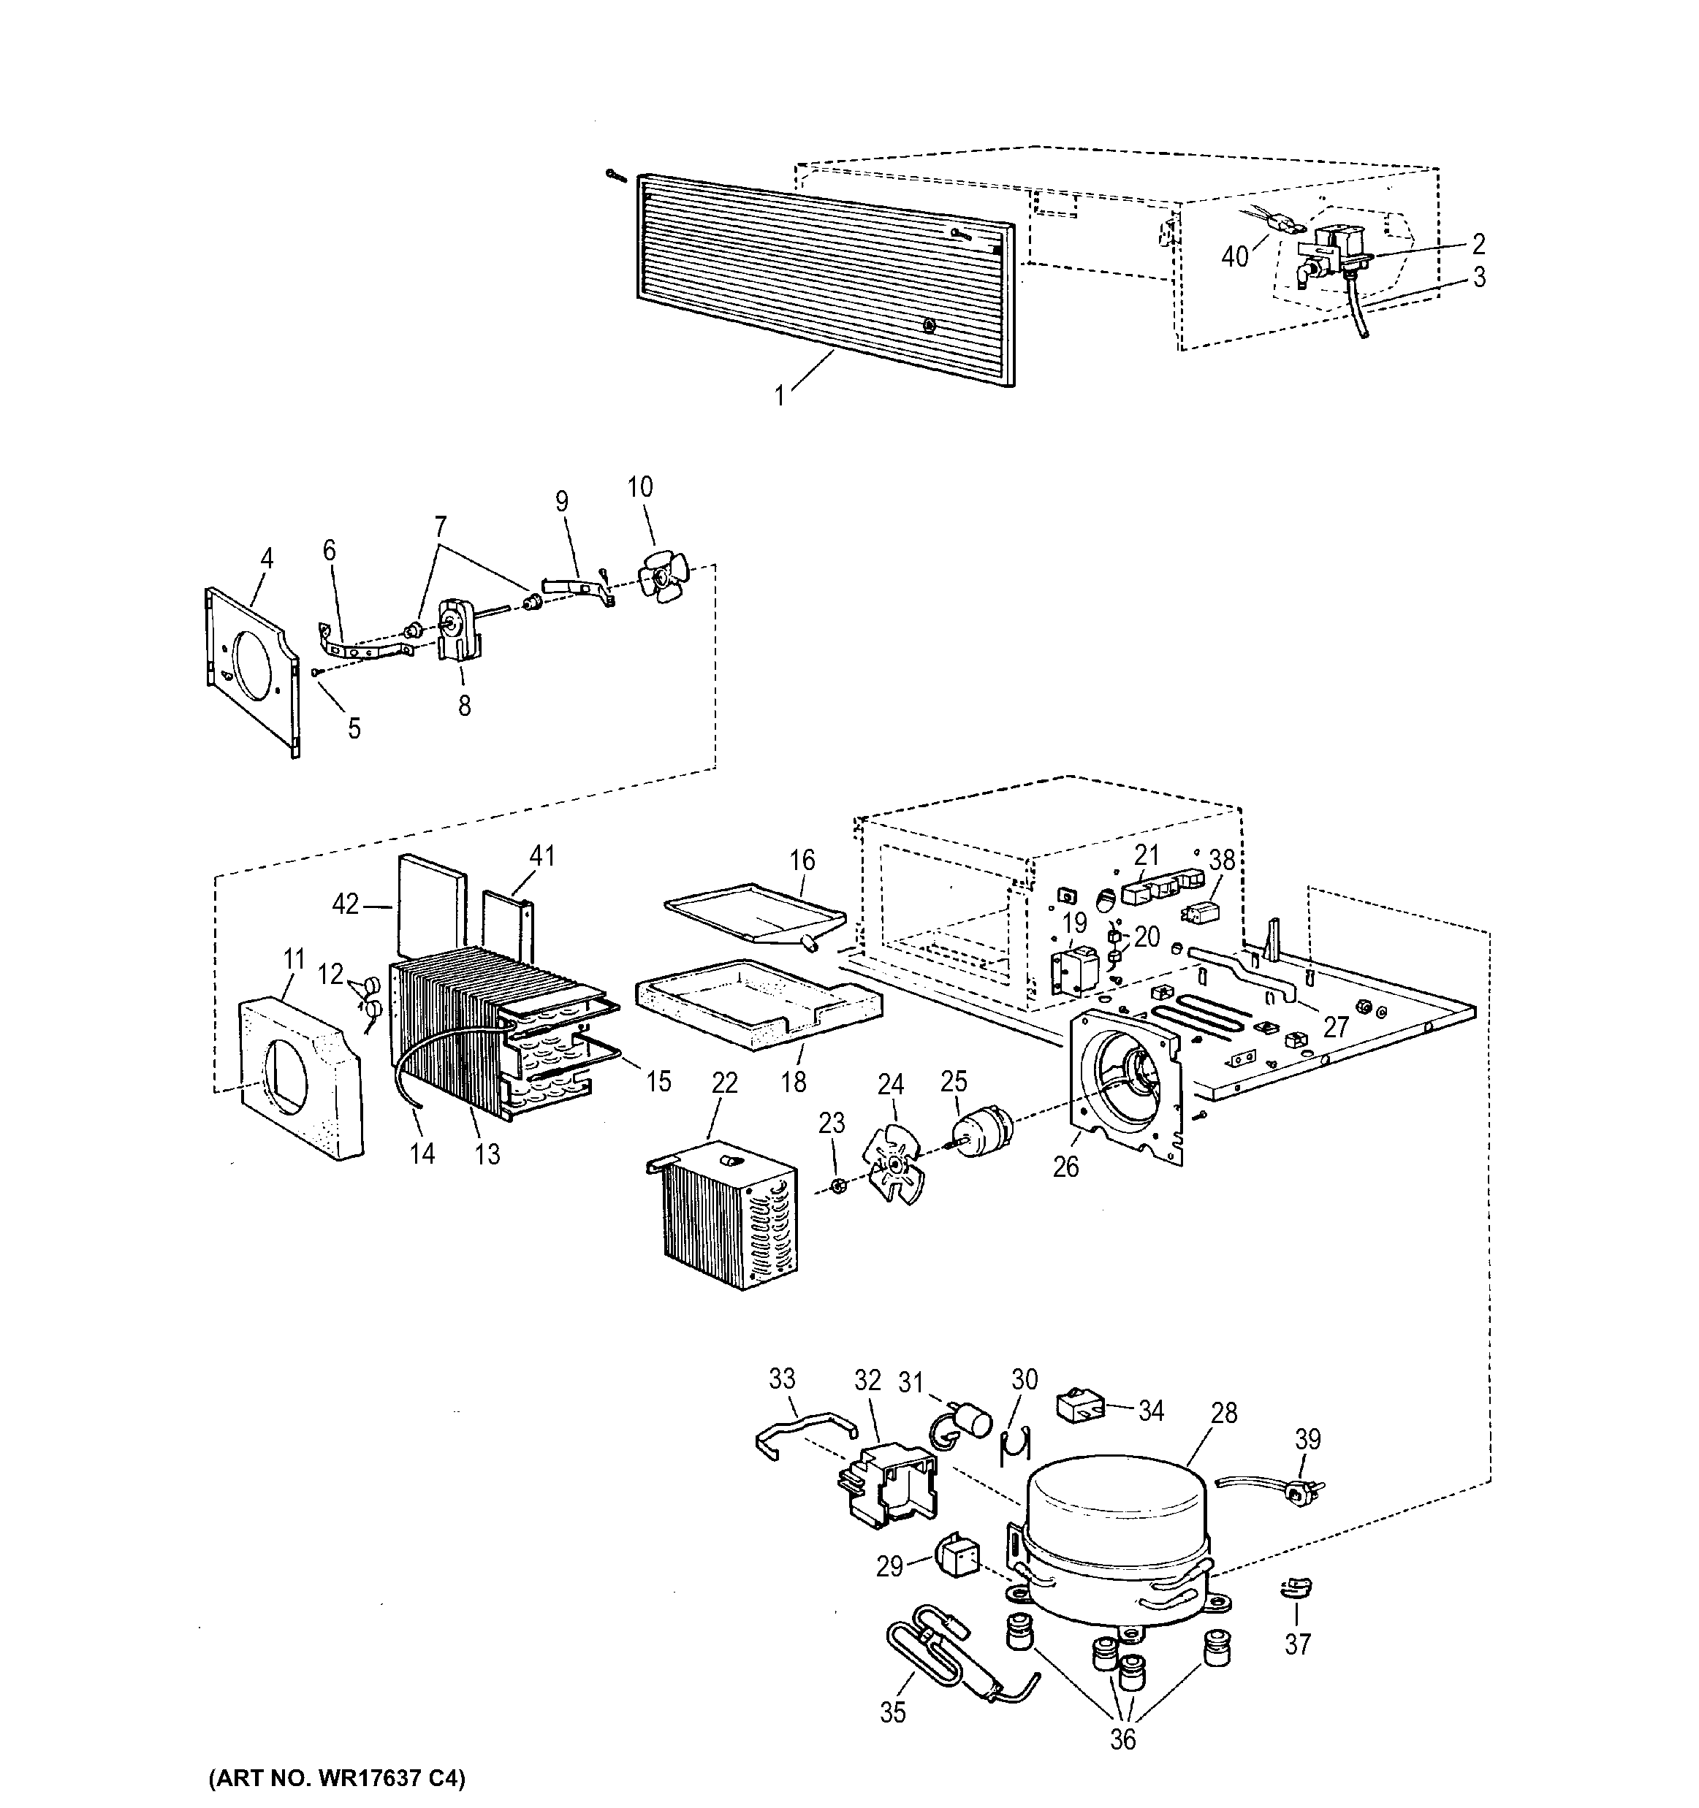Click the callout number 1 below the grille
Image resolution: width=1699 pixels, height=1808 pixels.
coord(778,396)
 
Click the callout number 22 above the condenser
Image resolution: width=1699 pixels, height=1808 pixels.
coord(724,1083)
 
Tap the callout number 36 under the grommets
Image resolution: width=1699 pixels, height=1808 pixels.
coord(1123,1739)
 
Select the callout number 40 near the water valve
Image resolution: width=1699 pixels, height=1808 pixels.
coord(1234,257)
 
